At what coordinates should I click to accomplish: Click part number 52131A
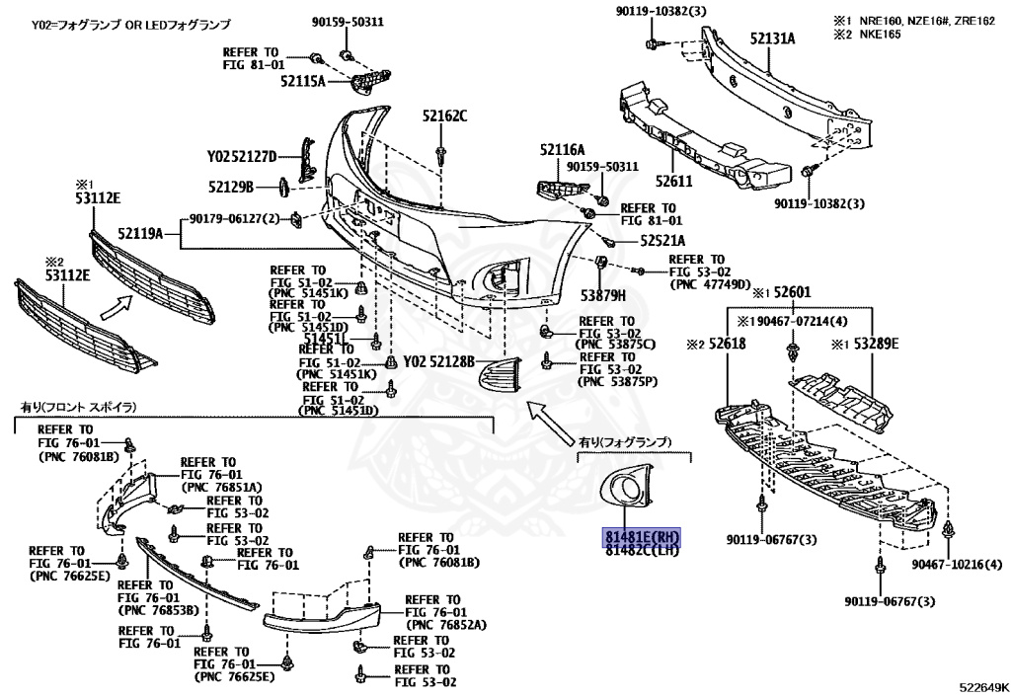(x=772, y=39)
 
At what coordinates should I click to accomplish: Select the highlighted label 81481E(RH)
(x=643, y=536)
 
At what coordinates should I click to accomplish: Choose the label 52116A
(x=563, y=149)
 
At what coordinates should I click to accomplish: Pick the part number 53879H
(x=603, y=293)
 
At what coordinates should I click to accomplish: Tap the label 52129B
(x=231, y=186)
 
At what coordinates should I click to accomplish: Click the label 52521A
(x=661, y=240)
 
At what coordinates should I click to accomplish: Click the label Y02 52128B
(x=438, y=360)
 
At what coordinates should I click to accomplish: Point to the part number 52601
(x=791, y=292)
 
